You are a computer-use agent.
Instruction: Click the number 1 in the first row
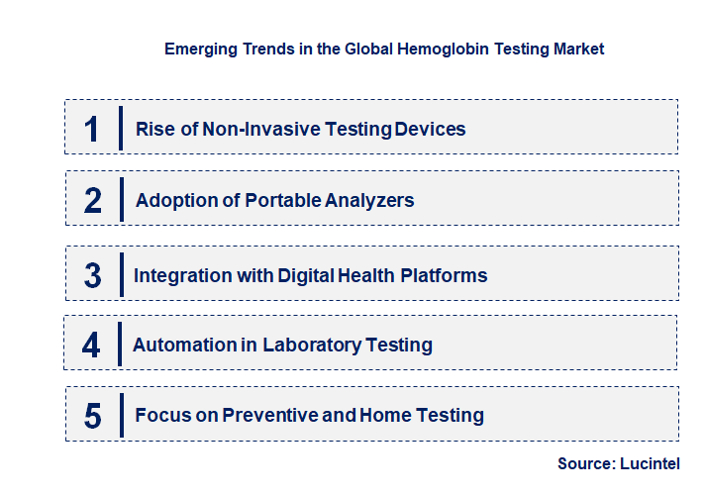click(x=92, y=129)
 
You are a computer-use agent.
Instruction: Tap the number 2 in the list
click(x=93, y=201)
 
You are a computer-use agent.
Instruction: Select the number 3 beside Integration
click(x=93, y=275)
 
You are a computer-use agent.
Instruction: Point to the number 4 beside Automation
click(x=92, y=346)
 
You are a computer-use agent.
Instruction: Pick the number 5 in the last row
click(x=93, y=416)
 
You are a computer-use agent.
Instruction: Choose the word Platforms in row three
click(x=444, y=274)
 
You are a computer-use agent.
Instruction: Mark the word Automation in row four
click(x=177, y=345)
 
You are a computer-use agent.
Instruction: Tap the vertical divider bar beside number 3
click(x=120, y=274)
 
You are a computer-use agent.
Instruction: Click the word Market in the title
click(x=578, y=48)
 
